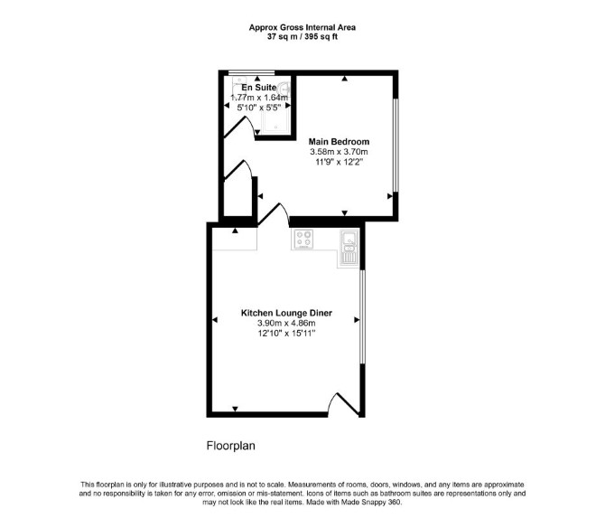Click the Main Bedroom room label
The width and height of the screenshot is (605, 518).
[339, 142]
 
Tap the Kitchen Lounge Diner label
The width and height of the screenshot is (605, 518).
[286, 313]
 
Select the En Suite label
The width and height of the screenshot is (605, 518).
[259, 88]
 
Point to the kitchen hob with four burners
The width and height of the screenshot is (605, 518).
[303, 239]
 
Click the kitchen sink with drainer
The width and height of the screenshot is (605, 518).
[349, 248]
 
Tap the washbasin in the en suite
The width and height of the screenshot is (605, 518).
[284, 88]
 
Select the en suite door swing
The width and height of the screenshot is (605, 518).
[240, 127]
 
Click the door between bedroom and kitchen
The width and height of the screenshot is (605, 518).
[274, 214]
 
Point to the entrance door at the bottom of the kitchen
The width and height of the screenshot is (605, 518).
[345, 405]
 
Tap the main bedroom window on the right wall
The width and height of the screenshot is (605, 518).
[396, 146]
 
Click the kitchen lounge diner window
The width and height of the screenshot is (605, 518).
[362, 316]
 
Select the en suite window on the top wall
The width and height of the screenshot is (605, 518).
[251, 72]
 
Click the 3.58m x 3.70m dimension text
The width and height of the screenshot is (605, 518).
[339, 152]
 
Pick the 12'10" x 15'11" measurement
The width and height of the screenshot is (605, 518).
[286, 333]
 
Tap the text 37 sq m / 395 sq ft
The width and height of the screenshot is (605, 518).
[302, 37]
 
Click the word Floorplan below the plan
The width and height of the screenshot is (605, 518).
[231, 446]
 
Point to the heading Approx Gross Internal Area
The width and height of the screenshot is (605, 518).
[302, 27]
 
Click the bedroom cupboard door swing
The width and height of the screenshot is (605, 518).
[239, 170]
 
